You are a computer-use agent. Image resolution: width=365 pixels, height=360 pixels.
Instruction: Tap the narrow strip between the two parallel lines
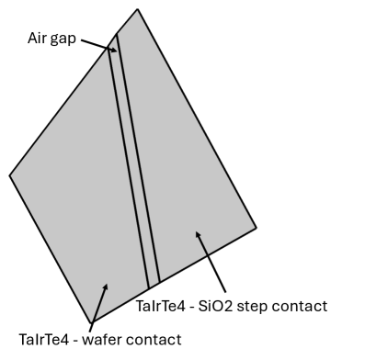pyautogui.click(x=134, y=165)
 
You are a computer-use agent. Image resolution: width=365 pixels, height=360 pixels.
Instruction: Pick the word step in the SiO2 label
pyautogui.click(x=248, y=306)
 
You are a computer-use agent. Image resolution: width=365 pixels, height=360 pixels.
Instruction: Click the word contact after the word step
pyautogui.click(x=299, y=305)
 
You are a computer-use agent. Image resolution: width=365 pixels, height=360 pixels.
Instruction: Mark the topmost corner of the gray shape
pyautogui.click(x=138, y=9)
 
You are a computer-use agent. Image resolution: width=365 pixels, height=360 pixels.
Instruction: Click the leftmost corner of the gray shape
pyautogui.click(x=10, y=174)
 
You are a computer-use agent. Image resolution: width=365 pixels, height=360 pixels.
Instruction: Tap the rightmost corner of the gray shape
pyautogui.click(x=256, y=227)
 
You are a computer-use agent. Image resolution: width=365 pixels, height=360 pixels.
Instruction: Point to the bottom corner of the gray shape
pyautogui.click(x=91, y=323)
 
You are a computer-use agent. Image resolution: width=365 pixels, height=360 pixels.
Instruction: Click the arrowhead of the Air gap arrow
pyautogui.click(x=114, y=50)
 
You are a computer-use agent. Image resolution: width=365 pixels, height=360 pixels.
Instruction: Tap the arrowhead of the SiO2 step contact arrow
pyautogui.click(x=196, y=234)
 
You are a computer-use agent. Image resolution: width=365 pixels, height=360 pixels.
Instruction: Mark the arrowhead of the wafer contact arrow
pyautogui.click(x=107, y=286)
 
